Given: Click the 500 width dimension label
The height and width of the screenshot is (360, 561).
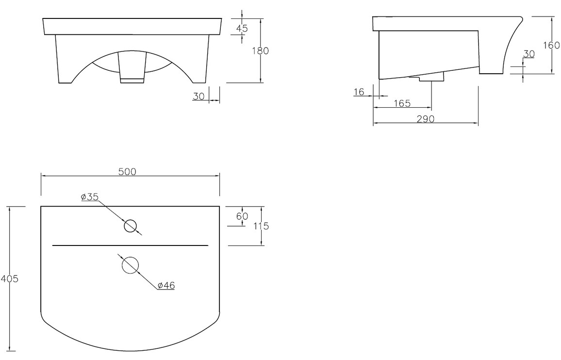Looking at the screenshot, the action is [127, 172].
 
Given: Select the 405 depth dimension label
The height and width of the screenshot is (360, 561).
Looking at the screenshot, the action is [9, 278].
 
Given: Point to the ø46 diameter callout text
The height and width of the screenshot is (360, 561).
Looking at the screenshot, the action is [166, 285].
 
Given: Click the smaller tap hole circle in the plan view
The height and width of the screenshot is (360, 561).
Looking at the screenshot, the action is [130, 226].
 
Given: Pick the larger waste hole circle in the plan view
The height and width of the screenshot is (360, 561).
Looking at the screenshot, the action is [130, 265].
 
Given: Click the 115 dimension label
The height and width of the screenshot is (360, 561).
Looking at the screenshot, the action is [261, 226].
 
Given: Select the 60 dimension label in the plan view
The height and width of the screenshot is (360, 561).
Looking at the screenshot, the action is [242, 216].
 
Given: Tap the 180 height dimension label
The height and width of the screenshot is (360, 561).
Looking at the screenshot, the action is [261, 51].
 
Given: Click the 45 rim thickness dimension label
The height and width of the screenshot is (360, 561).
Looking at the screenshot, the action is [242, 28].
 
